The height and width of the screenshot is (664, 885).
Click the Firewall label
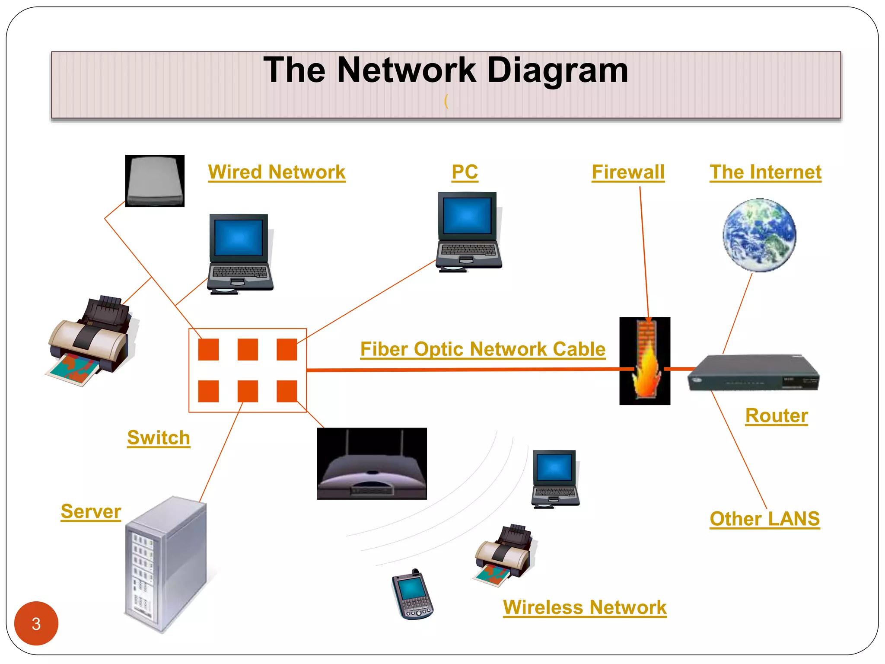(628, 172)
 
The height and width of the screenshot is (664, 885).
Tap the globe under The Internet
(759, 236)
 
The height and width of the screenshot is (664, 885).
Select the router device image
(753, 373)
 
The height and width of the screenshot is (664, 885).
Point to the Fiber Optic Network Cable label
(483, 349)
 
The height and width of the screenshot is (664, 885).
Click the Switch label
(159, 438)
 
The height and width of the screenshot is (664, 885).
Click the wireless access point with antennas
(372, 464)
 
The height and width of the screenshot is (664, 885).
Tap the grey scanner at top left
(155, 181)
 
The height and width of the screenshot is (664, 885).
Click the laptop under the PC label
(468, 231)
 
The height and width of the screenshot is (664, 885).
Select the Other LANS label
(764, 519)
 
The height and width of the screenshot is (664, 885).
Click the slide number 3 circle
(36, 623)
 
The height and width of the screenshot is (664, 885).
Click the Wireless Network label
(585, 607)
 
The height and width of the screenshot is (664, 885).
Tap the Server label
(91, 512)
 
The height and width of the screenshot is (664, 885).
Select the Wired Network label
(277, 172)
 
